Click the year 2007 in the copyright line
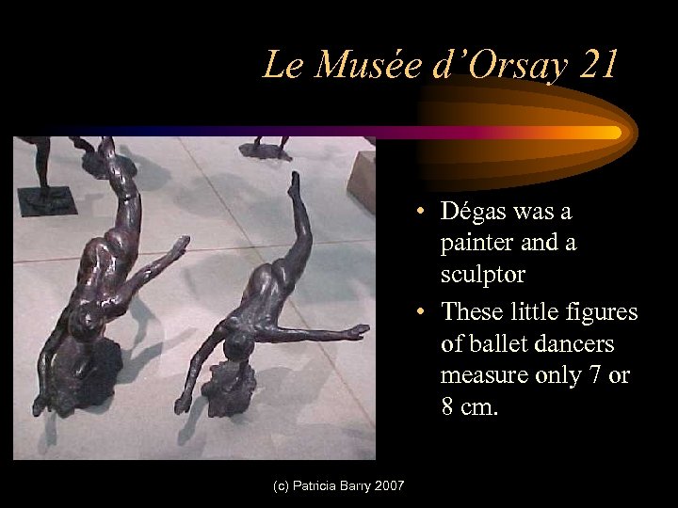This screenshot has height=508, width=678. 388,485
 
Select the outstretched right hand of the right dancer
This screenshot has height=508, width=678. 358,330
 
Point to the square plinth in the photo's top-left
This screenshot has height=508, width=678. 45,199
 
